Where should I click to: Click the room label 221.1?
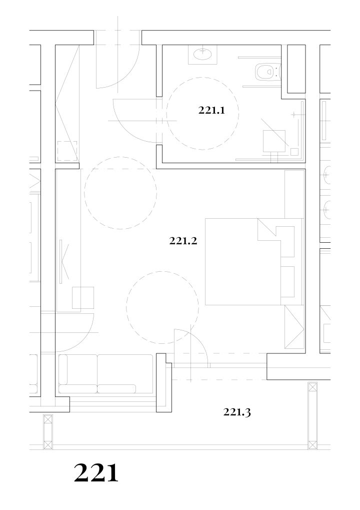tap(211, 111)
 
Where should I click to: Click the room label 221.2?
tap(183, 241)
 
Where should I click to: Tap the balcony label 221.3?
tap(237, 412)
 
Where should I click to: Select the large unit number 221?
tap(96, 473)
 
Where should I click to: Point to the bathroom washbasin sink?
tap(203, 54)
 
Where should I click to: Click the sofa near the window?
tap(105, 374)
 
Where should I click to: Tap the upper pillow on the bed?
tap(287, 241)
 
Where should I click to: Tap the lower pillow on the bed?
tap(287, 282)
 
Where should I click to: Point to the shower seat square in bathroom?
tap(274, 141)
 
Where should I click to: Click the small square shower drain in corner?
tap(294, 152)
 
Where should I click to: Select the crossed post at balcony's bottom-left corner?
tap(48, 444)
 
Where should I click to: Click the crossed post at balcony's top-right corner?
tap(312, 387)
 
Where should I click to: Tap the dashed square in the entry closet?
tap(67, 151)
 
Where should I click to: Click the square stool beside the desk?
tap(83, 298)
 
